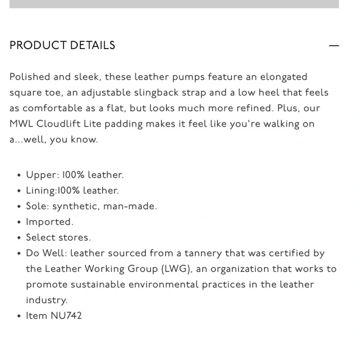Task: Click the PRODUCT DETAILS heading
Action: point(62,45)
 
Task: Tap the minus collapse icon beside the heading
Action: point(334,46)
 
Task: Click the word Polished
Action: point(30,77)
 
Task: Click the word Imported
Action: point(49,222)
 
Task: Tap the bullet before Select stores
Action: point(19,238)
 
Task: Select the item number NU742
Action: point(66,316)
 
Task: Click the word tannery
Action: point(203,253)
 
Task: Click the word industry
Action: point(46,300)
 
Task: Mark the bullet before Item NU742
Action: point(19,316)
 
